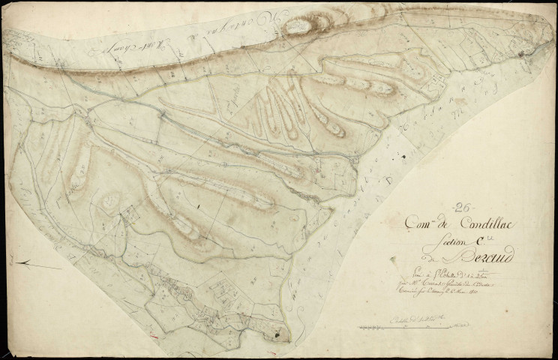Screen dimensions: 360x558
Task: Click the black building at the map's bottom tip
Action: pyautogui.click(x=280, y=330)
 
